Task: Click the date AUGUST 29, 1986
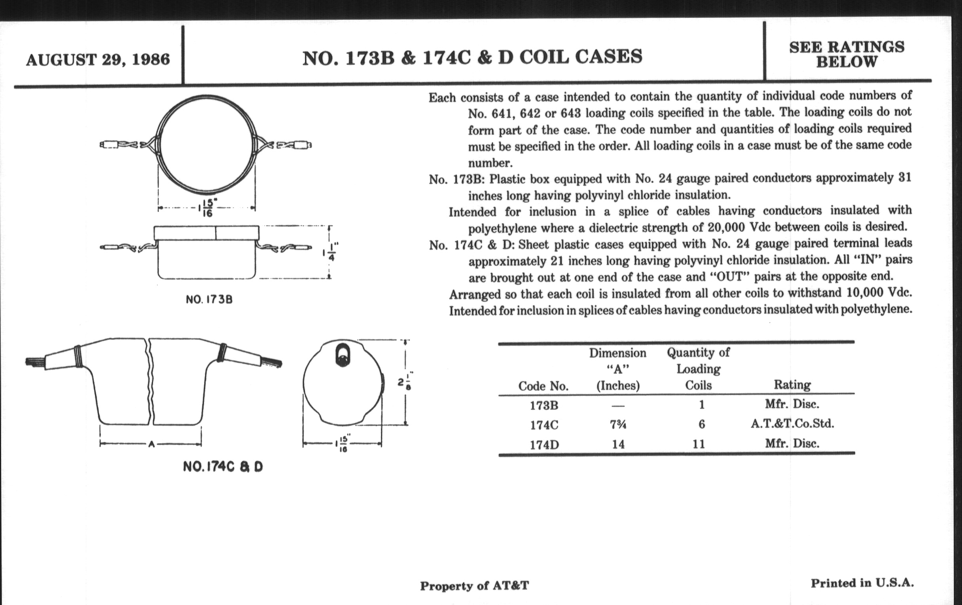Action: (x=98, y=60)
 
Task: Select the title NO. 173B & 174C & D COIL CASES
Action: (x=472, y=57)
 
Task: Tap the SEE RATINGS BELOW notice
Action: (x=846, y=55)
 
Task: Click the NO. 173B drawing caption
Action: (x=209, y=299)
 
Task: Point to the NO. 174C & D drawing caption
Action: (x=223, y=467)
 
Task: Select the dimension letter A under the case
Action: (x=151, y=444)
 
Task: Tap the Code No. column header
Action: (x=543, y=386)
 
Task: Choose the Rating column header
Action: (x=792, y=385)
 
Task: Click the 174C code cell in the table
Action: (x=544, y=425)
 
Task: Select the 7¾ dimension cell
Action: (x=618, y=425)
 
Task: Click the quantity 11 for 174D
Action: (x=698, y=444)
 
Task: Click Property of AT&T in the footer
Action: (x=474, y=586)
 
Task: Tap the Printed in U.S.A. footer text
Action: (x=862, y=583)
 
